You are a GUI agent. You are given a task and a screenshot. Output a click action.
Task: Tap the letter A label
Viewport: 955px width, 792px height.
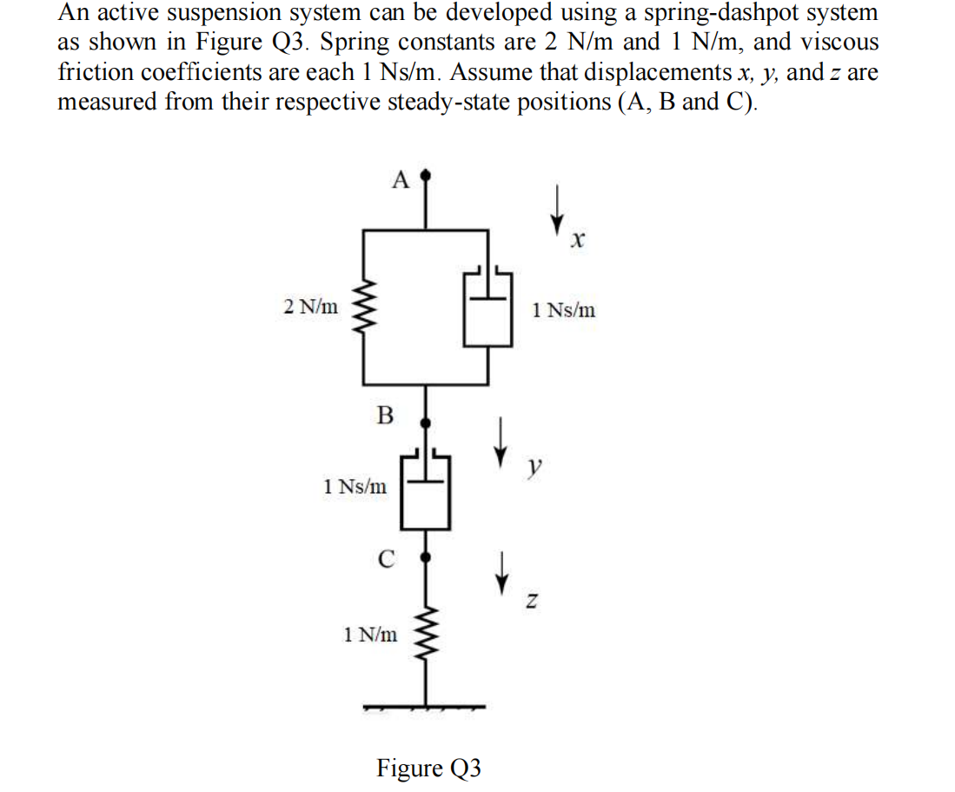[x=400, y=180]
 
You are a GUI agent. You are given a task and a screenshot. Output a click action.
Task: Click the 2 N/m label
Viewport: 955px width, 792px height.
[x=312, y=306]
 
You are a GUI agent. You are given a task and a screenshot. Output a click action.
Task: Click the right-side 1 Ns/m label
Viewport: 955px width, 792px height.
[x=564, y=309]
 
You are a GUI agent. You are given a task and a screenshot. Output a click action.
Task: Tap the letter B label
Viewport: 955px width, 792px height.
[x=384, y=415]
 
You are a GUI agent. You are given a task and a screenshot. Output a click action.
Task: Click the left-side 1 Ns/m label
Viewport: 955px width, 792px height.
[x=355, y=487]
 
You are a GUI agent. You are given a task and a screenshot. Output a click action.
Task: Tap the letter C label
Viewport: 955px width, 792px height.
[x=387, y=559]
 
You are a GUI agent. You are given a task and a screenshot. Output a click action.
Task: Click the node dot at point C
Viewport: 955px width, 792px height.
[x=425, y=555]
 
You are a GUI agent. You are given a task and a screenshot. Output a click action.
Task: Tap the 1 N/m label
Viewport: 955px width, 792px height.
[x=371, y=635]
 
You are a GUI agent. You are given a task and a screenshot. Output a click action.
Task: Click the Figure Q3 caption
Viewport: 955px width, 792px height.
[x=428, y=768]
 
